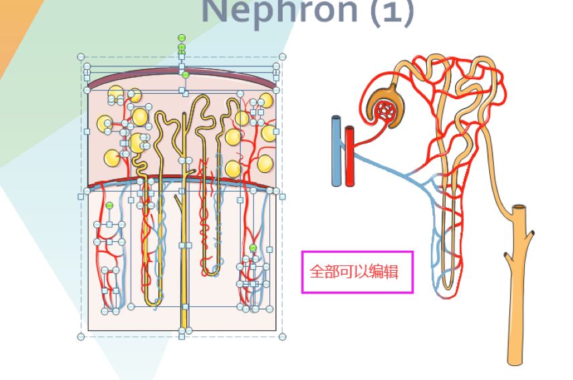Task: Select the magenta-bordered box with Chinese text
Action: tap(357, 272)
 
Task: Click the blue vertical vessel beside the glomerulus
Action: tap(336, 151)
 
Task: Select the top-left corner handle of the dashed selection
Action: tap(81, 57)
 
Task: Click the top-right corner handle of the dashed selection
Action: tap(282, 57)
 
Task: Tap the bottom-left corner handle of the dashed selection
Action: tap(81, 336)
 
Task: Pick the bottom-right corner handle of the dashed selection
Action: tap(282, 336)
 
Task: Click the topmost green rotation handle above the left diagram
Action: tap(182, 38)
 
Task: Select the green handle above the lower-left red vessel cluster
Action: tap(109, 205)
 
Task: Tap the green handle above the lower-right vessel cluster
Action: tap(253, 248)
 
